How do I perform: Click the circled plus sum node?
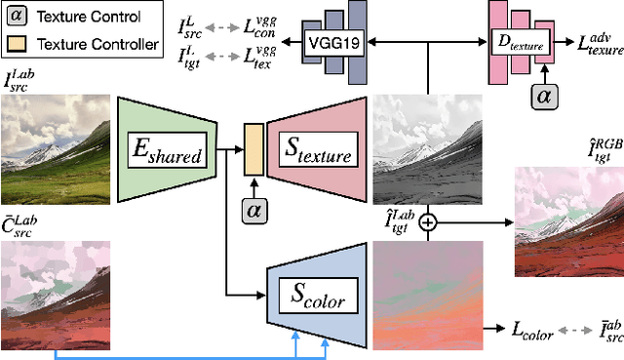click(x=426, y=223)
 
